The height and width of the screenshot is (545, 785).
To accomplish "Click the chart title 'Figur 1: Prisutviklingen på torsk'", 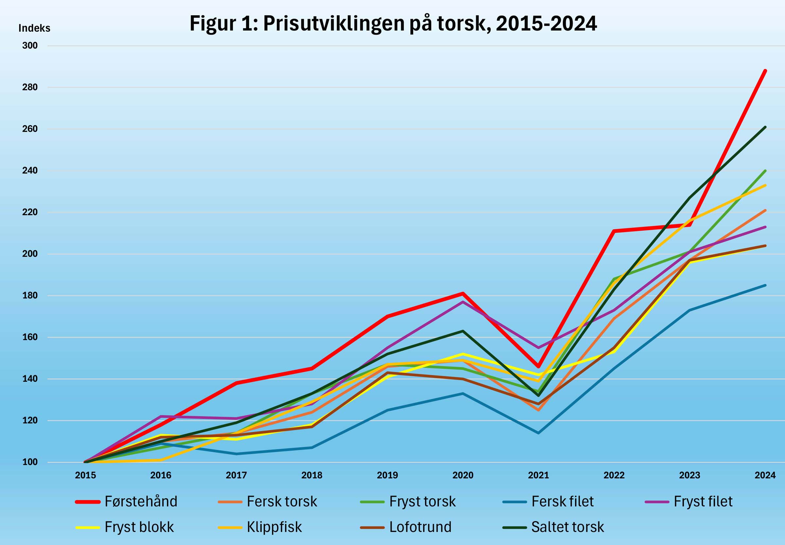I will point(393,24).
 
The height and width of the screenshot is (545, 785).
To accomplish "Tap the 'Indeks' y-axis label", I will point(34,28).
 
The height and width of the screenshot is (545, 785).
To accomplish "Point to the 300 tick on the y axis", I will point(30,46).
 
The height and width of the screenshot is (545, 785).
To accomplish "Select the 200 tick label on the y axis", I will point(30,254).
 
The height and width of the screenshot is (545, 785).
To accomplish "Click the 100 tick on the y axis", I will point(30,462).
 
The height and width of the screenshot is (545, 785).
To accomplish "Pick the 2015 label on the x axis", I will point(85,475).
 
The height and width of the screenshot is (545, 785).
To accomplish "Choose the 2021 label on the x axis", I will point(538,475).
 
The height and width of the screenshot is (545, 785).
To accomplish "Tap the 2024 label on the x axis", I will point(765,475).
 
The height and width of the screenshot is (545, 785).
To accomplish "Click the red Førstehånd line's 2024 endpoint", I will point(765,71).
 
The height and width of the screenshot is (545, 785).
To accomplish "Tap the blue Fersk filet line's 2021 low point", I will point(538,433).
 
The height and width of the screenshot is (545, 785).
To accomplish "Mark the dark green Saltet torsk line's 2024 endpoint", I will point(765,127).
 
